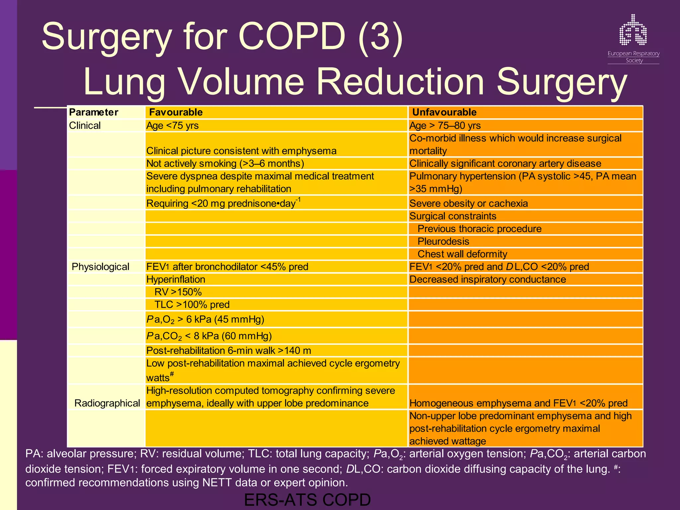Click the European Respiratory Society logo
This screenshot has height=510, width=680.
633,38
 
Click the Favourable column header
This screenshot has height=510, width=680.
176,112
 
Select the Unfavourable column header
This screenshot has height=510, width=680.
444,112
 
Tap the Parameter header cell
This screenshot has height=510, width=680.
94,112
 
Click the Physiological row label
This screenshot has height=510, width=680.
100,267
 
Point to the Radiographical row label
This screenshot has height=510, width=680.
107,403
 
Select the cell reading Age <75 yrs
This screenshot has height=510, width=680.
173,126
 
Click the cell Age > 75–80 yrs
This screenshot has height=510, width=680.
445,126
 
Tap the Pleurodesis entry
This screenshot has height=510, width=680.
443,241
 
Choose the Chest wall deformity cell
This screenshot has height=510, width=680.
462,254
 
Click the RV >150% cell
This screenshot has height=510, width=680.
178,292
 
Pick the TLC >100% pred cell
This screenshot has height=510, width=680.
192,304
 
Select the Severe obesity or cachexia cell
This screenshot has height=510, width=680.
468,203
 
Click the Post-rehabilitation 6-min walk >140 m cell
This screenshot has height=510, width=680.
229,351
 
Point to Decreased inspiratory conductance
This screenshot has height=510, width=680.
487,279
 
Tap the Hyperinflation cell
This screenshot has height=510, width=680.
176,279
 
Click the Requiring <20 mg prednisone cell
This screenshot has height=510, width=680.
223,203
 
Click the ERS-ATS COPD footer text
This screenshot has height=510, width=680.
307,500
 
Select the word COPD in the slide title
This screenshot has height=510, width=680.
292,37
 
